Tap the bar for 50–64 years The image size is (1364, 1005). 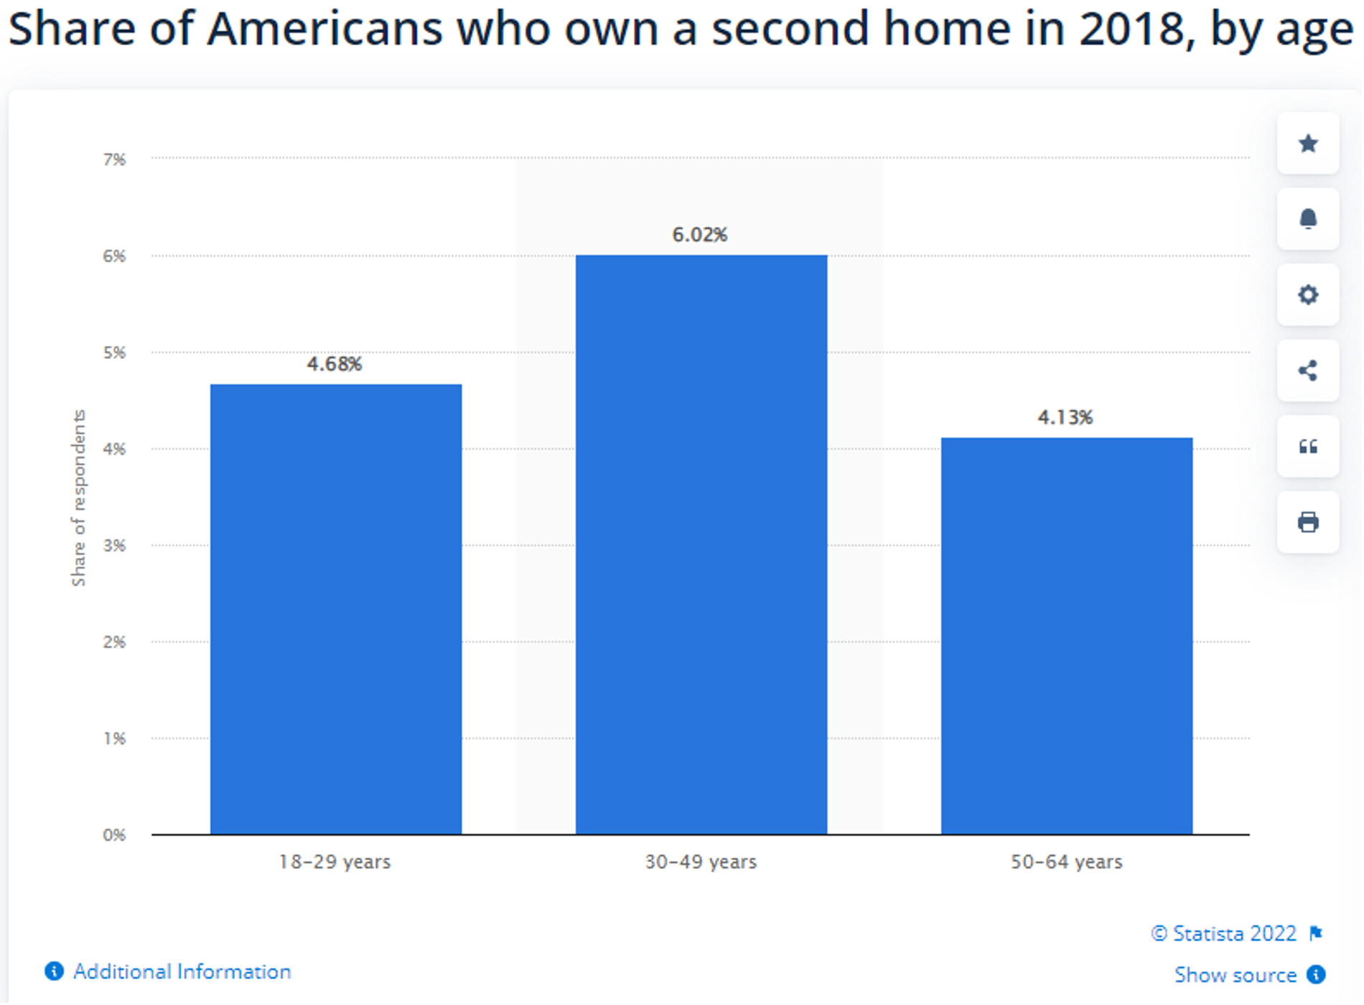(1066, 635)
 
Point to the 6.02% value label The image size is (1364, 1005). (699, 235)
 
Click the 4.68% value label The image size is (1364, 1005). (335, 364)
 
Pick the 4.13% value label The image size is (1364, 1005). (1065, 417)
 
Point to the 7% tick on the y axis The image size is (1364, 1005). (114, 159)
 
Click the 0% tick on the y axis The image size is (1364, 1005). (114, 835)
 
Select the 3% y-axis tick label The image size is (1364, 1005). (114, 546)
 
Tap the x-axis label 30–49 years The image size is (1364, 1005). (701, 861)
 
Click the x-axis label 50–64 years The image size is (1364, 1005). (1066, 861)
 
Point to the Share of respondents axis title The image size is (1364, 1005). (78, 498)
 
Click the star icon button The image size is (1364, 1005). (1308, 144)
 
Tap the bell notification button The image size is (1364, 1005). (1308, 219)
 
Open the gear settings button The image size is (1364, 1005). (1308, 295)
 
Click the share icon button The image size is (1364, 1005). (1308, 370)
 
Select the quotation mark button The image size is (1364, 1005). (1308, 447)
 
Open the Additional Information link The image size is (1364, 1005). (181, 971)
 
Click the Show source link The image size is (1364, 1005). (1235, 975)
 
